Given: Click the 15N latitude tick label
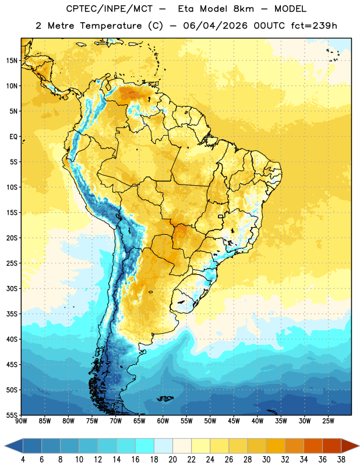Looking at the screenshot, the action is pyautogui.click(x=12, y=61).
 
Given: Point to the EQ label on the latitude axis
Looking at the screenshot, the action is pyautogui.click(x=13, y=137).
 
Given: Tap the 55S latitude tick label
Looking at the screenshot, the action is pyautogui.click(x=12, y=415).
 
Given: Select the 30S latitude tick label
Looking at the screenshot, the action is pyautogui.click(x=12, y=288).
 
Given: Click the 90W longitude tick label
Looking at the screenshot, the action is pyautogui.click(x=22, y=421).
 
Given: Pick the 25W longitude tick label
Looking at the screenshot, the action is pyautogui.click(x=328, y=421).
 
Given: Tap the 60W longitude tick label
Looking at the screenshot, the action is pyautogui.click(x=163, y=421).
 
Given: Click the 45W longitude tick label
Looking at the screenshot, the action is pyautogui.click(x=234, y=421).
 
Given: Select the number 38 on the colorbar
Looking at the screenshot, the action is pyautogui.click(x=341, y=460).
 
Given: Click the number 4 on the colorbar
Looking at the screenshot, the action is pyautogui.click(x=23, y=460).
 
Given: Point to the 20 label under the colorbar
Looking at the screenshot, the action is pyautogui.click(x=172, y=460).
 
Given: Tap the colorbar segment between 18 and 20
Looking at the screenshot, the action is pyautogui.click(x=164, y=446).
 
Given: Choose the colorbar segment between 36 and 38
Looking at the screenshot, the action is pyautogui.click(x=332, y=446).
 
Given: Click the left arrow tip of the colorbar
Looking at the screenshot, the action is pyautogui.click(x=5, y=446).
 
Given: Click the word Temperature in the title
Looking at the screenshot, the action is pyautogui.click(x=111, y=26).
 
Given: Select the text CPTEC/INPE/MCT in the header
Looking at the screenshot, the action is pyautogui.click(x=110, y=9).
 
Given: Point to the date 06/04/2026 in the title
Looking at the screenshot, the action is pyautogui.click(x=215, y=26).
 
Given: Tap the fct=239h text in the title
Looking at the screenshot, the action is pyautogui.click(x=314, y=26).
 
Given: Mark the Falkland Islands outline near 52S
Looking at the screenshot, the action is pyautogui.click(x=165, y=398).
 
